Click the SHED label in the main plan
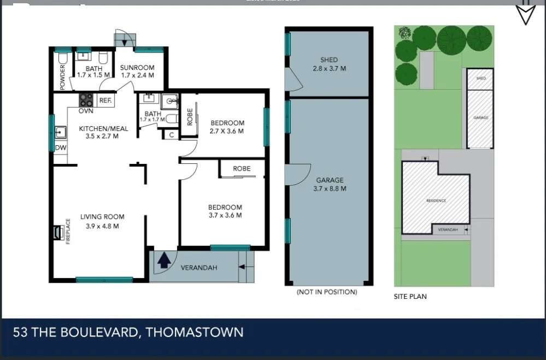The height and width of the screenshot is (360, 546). point(329,60)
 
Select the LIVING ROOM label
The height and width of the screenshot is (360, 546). point(102,217)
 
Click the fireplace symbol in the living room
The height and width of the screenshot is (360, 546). point(58,233)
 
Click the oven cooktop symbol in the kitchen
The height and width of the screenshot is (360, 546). point(86,100)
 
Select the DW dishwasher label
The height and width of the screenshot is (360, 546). point(60,147)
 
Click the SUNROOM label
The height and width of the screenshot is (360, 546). point(137,68)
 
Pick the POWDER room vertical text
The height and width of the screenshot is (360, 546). point(62,77)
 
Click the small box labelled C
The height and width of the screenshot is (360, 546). point(171,135)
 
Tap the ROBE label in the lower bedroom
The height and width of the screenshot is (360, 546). point(242,168)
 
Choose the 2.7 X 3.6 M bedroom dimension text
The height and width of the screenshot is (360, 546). point(227,131)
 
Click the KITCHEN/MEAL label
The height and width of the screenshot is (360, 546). point(103,129)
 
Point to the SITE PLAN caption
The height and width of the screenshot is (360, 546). point(410,297)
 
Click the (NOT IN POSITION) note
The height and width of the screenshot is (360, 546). point(327,292)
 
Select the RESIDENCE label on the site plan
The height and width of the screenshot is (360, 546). point(436,200)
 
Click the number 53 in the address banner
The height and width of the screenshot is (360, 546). point(21,332)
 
